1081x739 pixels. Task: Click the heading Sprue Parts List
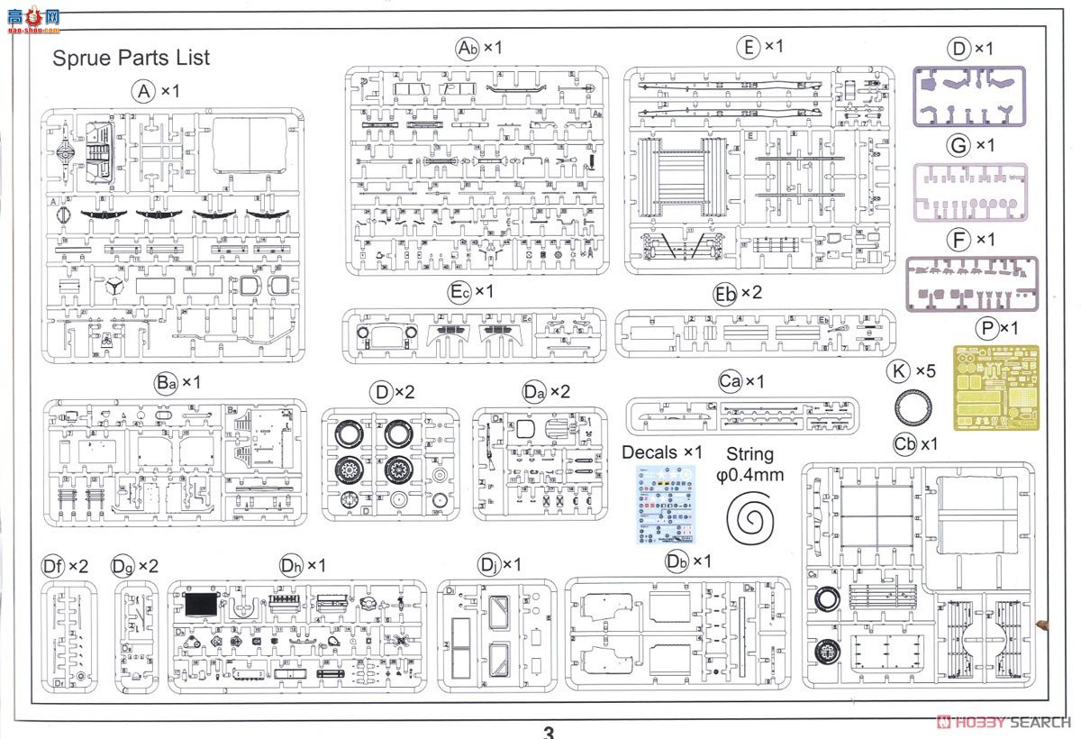tap(131, 58)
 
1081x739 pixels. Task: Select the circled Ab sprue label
tap(467, 48)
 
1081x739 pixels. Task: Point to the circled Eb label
tap(725, 294)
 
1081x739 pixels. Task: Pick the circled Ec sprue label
tap(459, 292)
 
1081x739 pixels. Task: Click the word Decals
tap(650, 452)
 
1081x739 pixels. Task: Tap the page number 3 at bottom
tap(549, 732)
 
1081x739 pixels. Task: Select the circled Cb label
tap(904, 444)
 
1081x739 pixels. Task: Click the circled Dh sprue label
tap(291, 565)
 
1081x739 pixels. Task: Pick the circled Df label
tap(53, 566)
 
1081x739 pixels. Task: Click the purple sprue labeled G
tap(971, 191)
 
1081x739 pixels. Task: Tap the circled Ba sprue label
tap(166, 383)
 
